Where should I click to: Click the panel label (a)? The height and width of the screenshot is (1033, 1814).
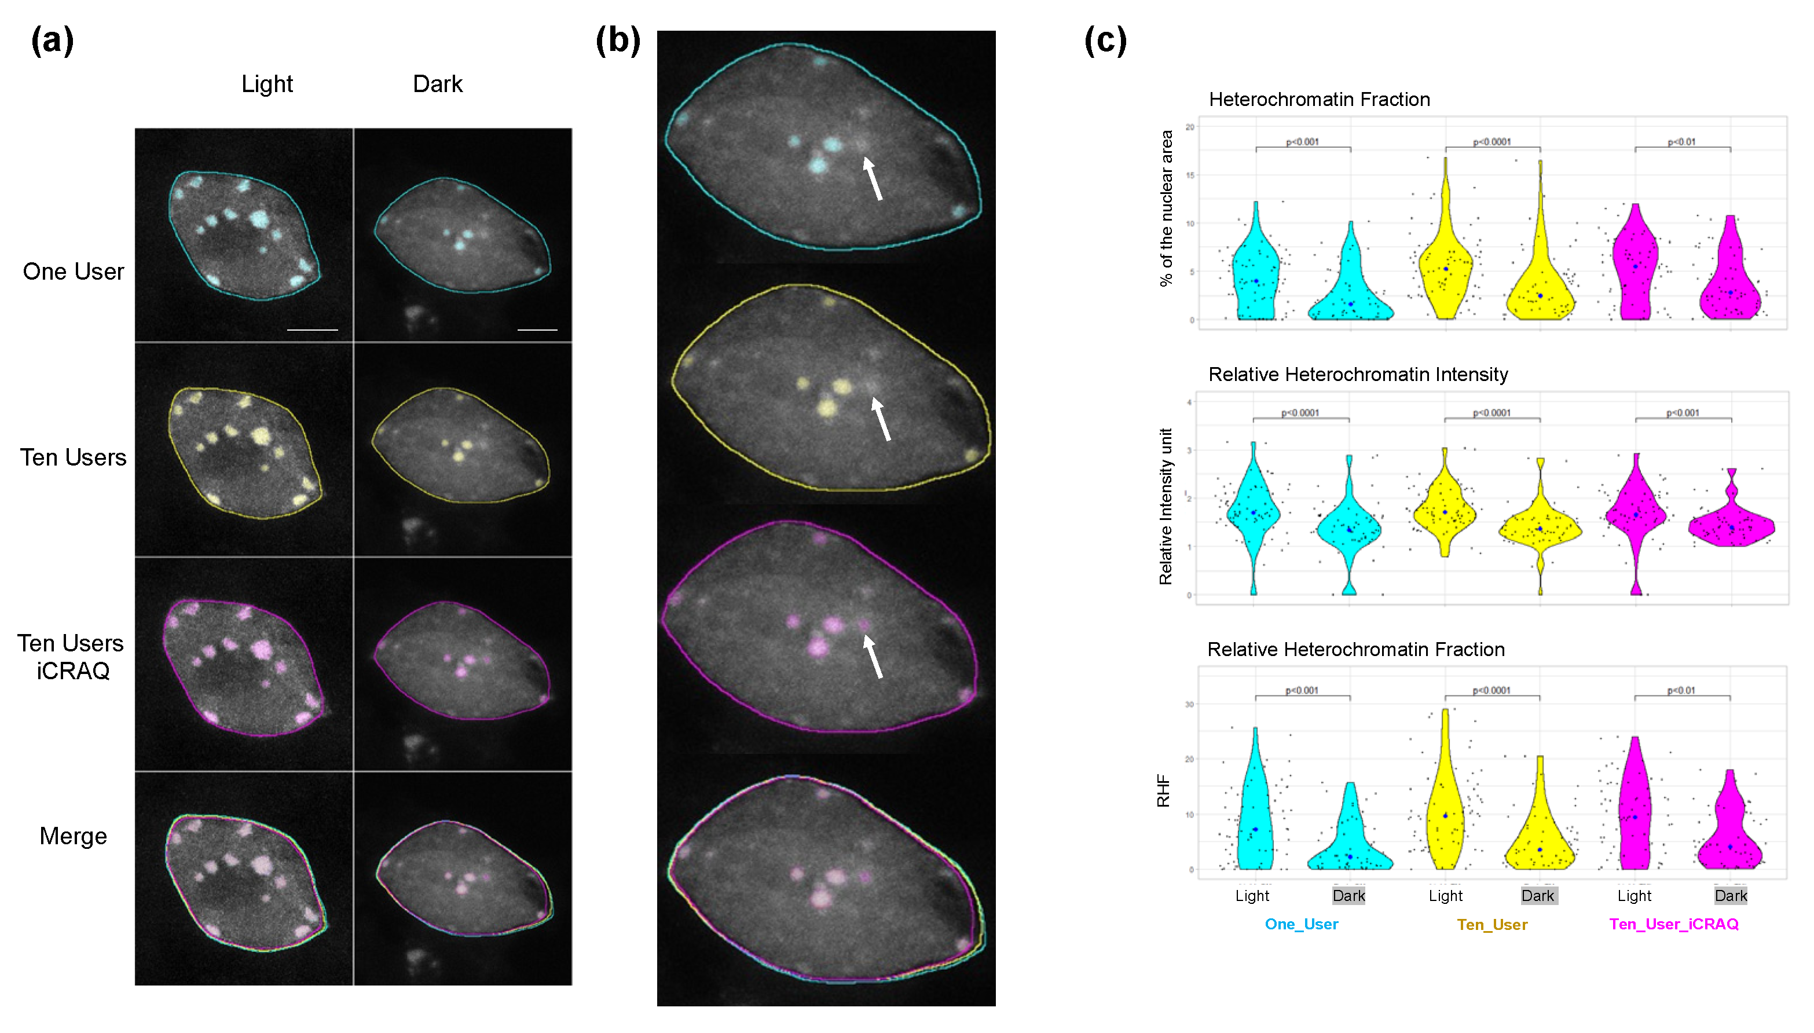[x=52, y=41]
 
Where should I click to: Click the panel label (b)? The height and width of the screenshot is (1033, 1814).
[x=617, y=41]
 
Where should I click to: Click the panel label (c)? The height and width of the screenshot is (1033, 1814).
[x=1105, y=41]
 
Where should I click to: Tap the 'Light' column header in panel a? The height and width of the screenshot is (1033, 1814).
[x=267, y=84]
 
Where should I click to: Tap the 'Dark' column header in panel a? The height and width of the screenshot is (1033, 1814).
[x=437, y=84]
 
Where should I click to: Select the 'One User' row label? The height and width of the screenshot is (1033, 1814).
[x=73, y=271]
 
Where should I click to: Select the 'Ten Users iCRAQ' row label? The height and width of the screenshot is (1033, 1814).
[x=71, y=656]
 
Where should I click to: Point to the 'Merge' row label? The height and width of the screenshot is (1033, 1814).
[x=73, y=836]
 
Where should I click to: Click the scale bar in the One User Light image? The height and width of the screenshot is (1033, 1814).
[x=312, y=330]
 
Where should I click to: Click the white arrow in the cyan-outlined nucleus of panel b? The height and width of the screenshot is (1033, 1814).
[x=873, y=179]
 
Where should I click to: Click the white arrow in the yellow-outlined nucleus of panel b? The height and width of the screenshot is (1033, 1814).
[x=881, y=419]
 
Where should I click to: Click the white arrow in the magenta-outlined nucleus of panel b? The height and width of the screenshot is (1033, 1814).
[x=873, y=656]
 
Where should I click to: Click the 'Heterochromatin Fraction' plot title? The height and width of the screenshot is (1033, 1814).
[x=1319, y=100]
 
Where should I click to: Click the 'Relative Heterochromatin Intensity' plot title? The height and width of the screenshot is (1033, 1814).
[x=1358, y=374]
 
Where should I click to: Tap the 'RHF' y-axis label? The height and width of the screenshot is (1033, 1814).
[x=1163, y=790]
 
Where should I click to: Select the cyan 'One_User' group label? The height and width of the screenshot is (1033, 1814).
[x=1301, y=924]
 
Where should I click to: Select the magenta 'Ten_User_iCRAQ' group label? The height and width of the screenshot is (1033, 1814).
[x=1673, y=924]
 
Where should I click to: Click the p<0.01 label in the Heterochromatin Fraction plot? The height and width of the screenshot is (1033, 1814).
[x=1681, y=142]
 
